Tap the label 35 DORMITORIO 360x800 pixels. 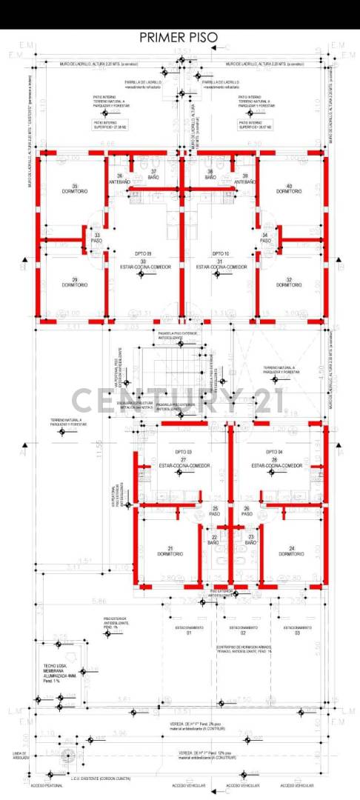pos(75,188)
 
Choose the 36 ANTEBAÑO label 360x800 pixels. pos(120,179)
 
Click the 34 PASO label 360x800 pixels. pos(265,239)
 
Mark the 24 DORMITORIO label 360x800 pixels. pos(292,551)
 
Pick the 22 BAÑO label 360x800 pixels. pos(215,540)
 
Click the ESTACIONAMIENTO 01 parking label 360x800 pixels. pos(189,630)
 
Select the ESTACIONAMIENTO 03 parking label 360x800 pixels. pos(297,630)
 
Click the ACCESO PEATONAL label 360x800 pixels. pos(45,785)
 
